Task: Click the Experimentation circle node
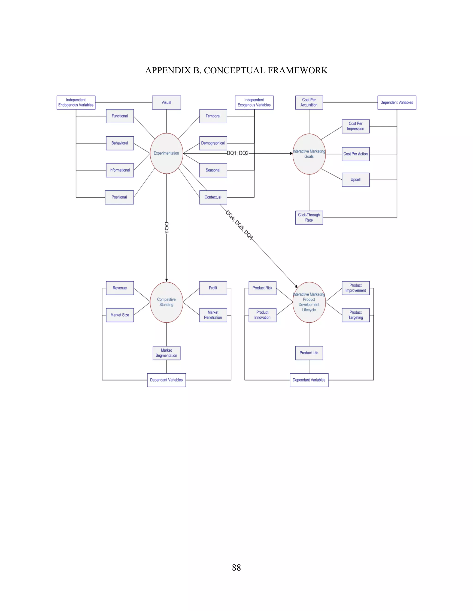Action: pos(167,153)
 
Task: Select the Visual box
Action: pos(167,102)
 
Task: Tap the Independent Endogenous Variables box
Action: pos(76,102)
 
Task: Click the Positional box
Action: pos(119,197)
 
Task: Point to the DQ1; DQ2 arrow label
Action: pos(238,153)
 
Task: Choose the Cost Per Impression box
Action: pos(356,126)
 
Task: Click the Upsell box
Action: pos(356,180)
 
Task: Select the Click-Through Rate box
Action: pos(309,217)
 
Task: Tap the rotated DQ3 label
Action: pos(167,228)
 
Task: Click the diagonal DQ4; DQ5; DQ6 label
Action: pos(239,225)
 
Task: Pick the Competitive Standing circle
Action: pos(167,302)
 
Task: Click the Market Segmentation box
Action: pos(167,353)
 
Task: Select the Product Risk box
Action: pos(262,288)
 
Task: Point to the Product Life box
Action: pos(309,353)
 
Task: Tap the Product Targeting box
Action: pos(356,315)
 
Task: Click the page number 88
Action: pos(236,568)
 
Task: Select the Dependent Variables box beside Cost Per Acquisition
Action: pos(397,102)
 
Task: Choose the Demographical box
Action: pos(213,143)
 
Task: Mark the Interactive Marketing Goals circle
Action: pos(309,154)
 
